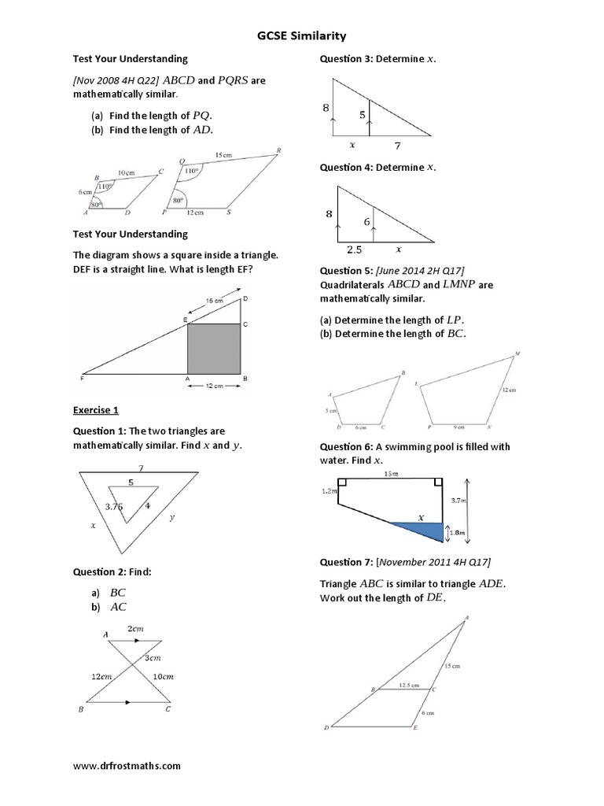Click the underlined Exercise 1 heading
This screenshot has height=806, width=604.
95,410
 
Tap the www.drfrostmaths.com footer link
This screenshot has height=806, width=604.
127,764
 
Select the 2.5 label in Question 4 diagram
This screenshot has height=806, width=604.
353,250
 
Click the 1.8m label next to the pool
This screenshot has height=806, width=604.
458,533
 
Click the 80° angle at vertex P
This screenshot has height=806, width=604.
178,201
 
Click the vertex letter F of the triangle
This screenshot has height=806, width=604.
83,379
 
